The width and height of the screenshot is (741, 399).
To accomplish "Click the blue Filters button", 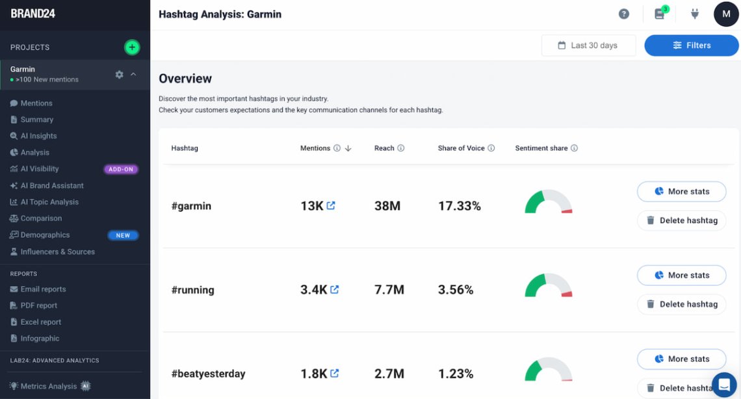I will (691, 45).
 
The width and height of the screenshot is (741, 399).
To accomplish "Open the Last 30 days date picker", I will (588, 45).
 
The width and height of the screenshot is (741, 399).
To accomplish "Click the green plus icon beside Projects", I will (132, 47).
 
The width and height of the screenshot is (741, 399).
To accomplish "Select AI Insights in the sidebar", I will (38, 136).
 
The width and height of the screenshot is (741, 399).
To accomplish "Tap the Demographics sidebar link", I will (45, 235).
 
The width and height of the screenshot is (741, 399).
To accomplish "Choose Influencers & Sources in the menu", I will (57, 251).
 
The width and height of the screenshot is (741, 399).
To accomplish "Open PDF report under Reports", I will (38, 305).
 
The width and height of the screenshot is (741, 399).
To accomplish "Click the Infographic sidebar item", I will (40, 338).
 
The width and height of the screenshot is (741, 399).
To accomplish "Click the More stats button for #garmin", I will (681, 192).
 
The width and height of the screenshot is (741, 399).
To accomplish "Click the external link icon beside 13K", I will (331, 205).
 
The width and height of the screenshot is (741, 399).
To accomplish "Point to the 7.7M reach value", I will (389, 290).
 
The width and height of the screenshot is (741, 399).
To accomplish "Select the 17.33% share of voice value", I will (459, 206).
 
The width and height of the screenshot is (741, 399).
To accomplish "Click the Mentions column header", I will (315, 148).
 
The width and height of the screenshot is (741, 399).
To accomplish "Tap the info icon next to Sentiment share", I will (574, 148).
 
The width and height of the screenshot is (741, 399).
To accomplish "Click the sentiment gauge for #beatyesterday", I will (548, 370).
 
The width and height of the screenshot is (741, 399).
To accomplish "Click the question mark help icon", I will (623, 14).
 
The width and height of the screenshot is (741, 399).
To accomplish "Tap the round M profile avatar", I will (725, 14).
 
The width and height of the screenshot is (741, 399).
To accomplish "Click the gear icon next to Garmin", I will (119, 75).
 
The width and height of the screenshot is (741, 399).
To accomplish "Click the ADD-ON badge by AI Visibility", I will (121, 169).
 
